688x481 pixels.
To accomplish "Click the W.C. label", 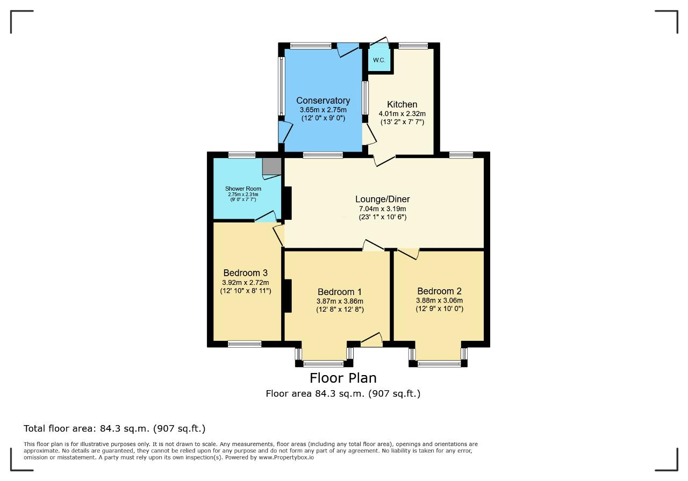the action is pyautogui.click(x=379, y=60).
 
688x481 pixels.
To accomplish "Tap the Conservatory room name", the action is pyautogui.click(x=323, y=100).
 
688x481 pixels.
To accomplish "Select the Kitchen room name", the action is pyautogui.click(x=402, y=104).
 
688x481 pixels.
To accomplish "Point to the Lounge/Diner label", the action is pyautogui.click(x=382, y=199).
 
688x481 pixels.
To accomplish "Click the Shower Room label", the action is pyautogui.click(x=243, y=189).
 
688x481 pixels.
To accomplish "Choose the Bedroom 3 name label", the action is pyautogui.click(x=246, y=273).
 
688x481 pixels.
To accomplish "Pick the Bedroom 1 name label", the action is pyautogui.click(x=340, y=292).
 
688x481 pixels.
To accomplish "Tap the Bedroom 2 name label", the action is pyautogui.click(x=439, y=291).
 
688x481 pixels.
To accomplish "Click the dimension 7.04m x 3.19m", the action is pyautogui.click(x=382, y=209).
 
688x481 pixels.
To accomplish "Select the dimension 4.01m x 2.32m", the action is pyautogui.click(x=402, y=113).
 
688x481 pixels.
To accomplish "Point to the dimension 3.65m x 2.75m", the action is pyautogui.click(x=323, y=110).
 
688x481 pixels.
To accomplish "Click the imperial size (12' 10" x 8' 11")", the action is pyautogui.click(x=246, y=291).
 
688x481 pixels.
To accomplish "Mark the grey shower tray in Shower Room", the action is pyautogui.click(x=272, y=167).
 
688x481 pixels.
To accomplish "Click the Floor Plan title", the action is pyautogui.click(x=343, y=378).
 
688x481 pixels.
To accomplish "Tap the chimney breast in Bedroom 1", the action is pyautogui.click(x=288, y=296).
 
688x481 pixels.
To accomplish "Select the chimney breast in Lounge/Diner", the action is pyautogui.click(x=288, y=203).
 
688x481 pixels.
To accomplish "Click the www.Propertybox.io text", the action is pyautogui.click(x=286, y=457).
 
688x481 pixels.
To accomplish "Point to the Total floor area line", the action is pyautogui.click(x=114, y=428).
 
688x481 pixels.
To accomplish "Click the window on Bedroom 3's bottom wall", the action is pyautogui.click(x=245, y=344).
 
